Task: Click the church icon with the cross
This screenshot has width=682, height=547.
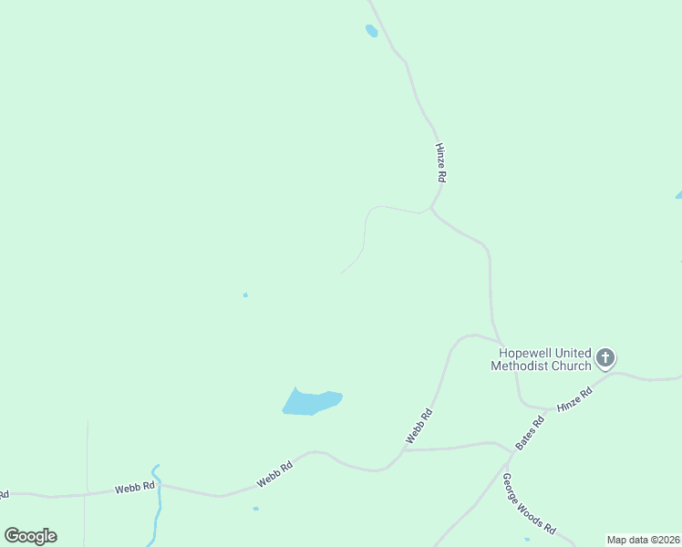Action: coord(605,358)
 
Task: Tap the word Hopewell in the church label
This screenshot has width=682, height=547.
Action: coord(528,354)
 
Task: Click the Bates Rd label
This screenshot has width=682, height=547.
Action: coord(530,432)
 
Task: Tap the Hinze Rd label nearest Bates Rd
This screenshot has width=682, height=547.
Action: coord(574,401)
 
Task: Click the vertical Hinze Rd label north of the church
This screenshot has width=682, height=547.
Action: coord(441,162)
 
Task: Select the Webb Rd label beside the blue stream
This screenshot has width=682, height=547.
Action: coord(135,488)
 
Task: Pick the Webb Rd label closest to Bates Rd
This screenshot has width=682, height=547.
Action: coord(418,427)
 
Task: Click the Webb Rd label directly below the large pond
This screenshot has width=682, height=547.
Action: coord(274,473)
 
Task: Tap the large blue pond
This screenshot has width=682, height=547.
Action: coord(310,401)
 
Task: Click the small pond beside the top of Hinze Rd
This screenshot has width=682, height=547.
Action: coord(371,31)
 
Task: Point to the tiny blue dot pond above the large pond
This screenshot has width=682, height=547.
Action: coord(245,294)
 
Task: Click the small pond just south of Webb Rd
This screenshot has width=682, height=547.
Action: coord(255,508)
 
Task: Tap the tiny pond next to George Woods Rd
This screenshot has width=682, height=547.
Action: coord(527,539)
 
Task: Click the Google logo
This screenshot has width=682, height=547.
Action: coord(30,536)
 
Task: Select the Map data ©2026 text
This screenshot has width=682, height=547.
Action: coord(643,540)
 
